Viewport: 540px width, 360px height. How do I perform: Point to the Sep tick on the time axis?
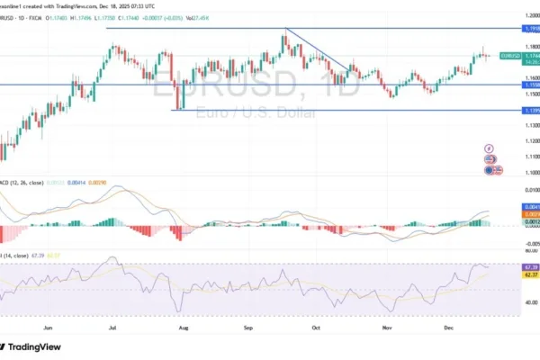(248, 330)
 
